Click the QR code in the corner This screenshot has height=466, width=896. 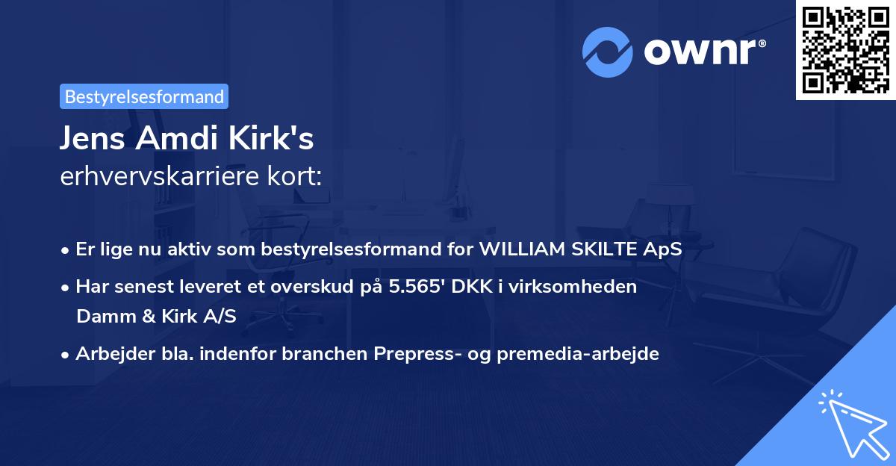(846, 50)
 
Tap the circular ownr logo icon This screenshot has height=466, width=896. (607, 52)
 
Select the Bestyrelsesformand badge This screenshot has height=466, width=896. (144, 96)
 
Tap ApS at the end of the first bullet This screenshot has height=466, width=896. (662, 249)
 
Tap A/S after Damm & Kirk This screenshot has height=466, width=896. (221, 316)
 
